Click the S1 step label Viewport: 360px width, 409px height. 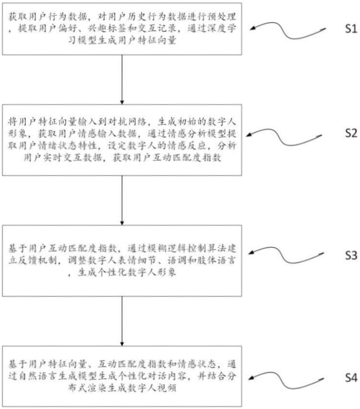(351, 29)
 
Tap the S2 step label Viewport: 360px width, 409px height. (351, 133)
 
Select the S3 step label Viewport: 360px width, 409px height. (351, 255)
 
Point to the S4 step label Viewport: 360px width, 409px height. (351, 378)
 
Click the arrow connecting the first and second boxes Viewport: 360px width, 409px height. (122, 79)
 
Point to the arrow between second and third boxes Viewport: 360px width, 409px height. (122, 200)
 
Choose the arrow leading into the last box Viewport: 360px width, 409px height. (122, 321)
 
